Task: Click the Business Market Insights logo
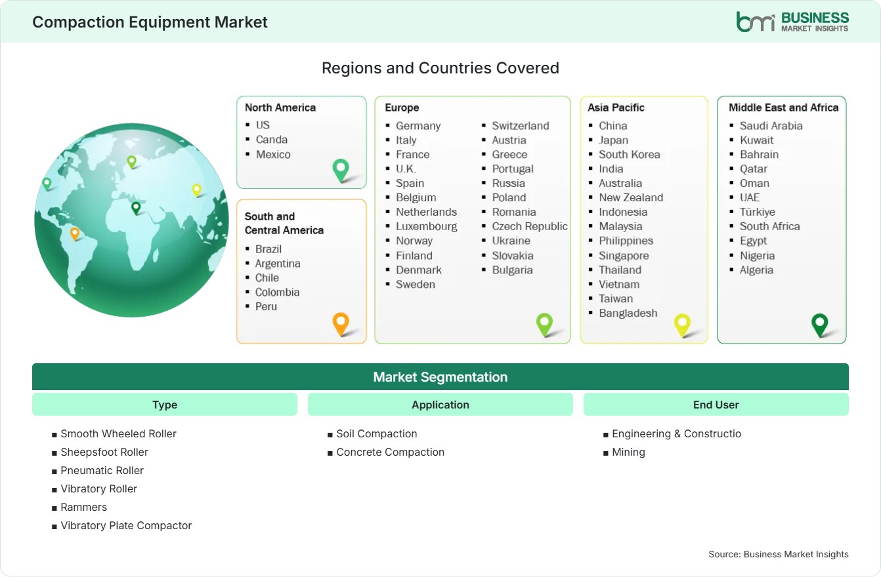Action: (792, 22)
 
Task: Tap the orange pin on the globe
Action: (75, 233)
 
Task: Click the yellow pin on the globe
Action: (196, 191)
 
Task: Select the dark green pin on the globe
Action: (136, 208)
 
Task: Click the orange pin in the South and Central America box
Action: (341, 324)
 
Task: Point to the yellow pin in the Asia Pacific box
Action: (682, 325)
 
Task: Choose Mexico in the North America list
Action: (273, 154)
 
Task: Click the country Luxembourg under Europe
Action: (426, 227)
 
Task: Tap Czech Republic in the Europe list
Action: (530, 226)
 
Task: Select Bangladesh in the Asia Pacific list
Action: (628, 313)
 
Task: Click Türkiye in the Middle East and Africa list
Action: (758, 212)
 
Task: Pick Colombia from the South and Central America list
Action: (277, 292)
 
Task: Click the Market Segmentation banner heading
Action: (440, 377)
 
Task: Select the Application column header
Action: (440, 405)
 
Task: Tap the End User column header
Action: (716, 405)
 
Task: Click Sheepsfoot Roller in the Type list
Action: (104, 452)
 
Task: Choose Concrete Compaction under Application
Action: (390, 452)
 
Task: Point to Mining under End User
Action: (628, 452)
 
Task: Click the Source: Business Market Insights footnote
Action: (779, 554)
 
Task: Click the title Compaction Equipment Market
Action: (150, 22)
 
